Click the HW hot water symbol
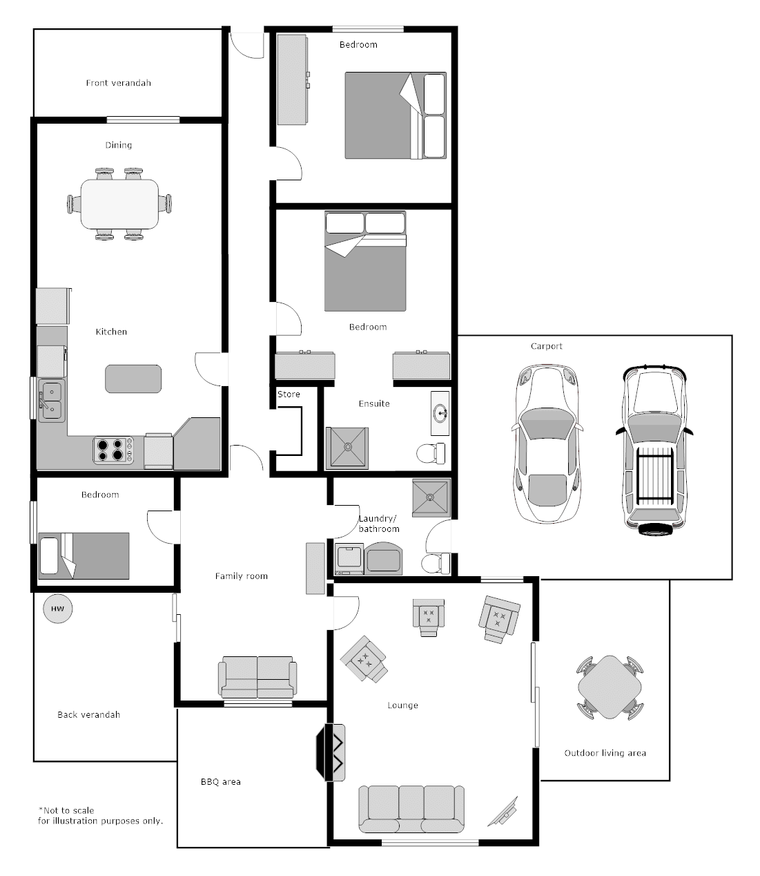click(x=57, y=609)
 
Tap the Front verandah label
click(x=119, y=83)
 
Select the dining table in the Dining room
click(x=119, y=204)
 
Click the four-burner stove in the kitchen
click(x=113, y=450)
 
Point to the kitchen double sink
click(x=51, y=400)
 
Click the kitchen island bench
click(x=133, y=379)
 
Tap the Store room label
click(x=289, y=394)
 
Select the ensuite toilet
click(x=431, y=453)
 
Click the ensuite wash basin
click(x=440, y=413)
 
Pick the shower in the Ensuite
click(x=347, y=448)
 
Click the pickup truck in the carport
click(x=654, y=450)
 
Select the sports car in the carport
click(x=547, y=444)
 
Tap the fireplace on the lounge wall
click(x=331, y=753)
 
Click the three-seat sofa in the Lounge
click(x=411, y=809)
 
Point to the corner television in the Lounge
click(x=504, y=811)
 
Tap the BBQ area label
click(x=221, y=782)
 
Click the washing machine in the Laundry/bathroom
click(x=350, y=559)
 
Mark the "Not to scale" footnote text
click(x=66, y=810)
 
